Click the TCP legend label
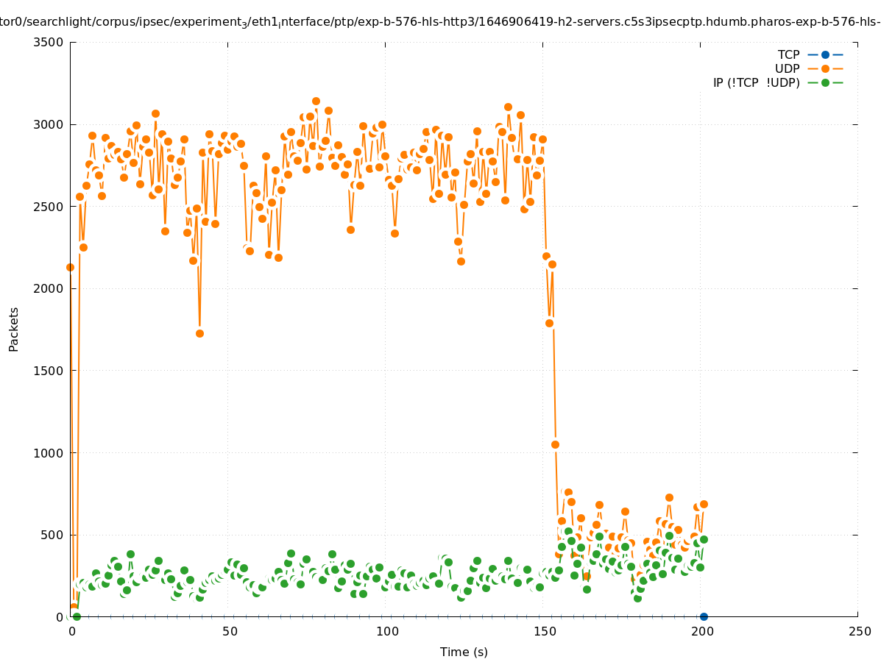(788, 54)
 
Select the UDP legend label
(787, 68)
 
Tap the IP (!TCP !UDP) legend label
(756, 82)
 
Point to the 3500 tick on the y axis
(49, 42)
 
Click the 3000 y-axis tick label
(49, 124)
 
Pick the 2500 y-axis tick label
(49, 207)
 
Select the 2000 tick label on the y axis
(49, 288)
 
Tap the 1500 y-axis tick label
(49, 371)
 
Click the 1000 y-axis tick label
(49, 453)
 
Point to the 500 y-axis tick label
(52, 535)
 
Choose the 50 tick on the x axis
(230, 631)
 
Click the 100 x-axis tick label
(386, 631)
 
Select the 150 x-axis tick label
(544, 631)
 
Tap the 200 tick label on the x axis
(701, 631)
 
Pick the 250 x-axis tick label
(858, 631)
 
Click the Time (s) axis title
(464, 652)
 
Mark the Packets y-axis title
(14, 329)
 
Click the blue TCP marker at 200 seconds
(704, 616)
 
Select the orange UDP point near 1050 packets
(555, 444)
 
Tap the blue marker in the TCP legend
(825, 54)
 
